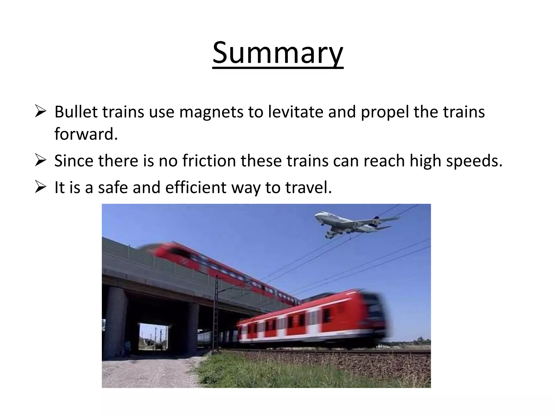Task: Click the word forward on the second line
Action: pos(86,134)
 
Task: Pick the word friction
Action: pos(209,160)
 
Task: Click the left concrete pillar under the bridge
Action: pos(115,323)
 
